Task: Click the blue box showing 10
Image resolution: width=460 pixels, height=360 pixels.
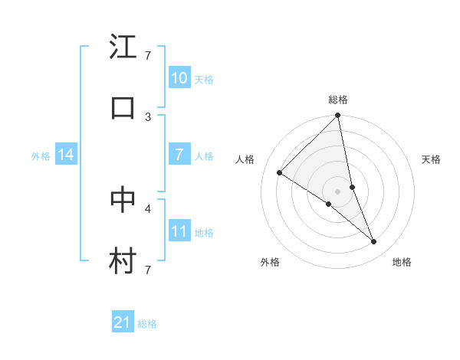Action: [179, 78]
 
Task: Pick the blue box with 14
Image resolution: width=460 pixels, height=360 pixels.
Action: [65, 155]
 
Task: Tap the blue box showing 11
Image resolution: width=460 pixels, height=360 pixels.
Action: [179, 231]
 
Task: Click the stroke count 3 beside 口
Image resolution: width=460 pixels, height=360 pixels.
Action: [148, 117]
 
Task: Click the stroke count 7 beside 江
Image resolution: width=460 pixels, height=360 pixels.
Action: [148, 56]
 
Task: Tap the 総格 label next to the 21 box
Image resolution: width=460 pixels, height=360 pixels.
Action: [147, 324]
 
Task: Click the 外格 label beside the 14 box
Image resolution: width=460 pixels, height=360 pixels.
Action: [41, 155]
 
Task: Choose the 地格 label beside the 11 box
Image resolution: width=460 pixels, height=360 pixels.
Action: [204, 232]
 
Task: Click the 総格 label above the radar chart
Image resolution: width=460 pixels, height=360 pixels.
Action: [338, 100]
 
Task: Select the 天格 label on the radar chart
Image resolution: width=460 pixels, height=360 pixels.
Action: [432, 159]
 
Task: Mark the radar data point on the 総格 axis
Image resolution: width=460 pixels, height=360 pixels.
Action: [338, 116]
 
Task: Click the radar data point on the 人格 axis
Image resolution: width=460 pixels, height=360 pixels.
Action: [280, 173]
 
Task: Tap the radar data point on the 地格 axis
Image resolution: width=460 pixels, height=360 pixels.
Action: [374, 242]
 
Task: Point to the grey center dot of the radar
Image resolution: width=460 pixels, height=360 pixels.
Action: [338, 191]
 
